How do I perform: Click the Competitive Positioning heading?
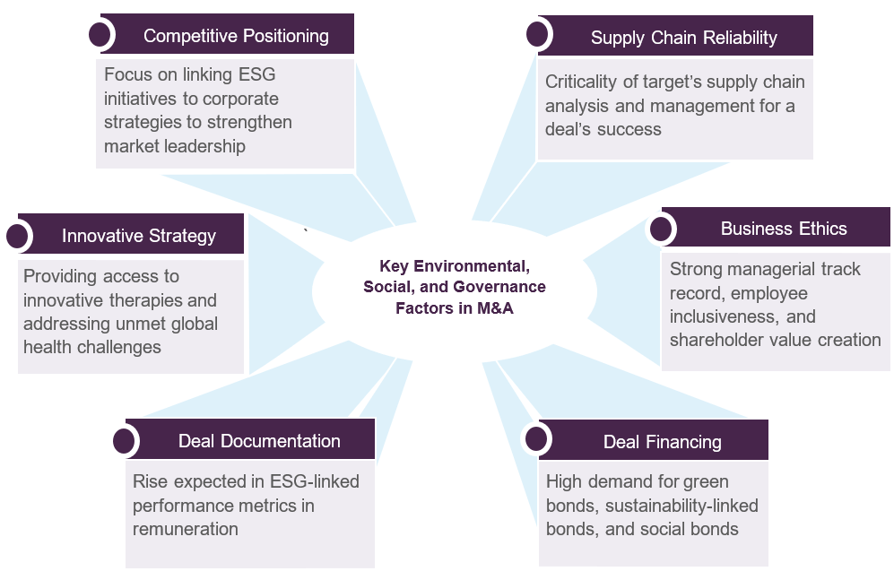(x=236, y=36)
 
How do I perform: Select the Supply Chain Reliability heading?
(x=683, y=38)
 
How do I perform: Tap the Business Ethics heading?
(x=783, y=229)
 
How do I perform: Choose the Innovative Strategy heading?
(x=139, y=236)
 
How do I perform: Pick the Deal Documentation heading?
(x=259, y=441)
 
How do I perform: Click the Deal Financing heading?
(x=662, y=442)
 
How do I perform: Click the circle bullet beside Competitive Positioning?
(x=101, y=35)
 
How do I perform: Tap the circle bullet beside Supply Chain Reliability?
(x=537, y=35)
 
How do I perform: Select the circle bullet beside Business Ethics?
(x=661, y=229)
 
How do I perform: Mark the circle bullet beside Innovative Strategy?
(x=17, y=236)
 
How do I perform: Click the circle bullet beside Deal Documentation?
(x=125, y=441)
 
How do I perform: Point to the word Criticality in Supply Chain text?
(x=582, y=82)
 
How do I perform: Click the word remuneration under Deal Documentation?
(x=186, y=529)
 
